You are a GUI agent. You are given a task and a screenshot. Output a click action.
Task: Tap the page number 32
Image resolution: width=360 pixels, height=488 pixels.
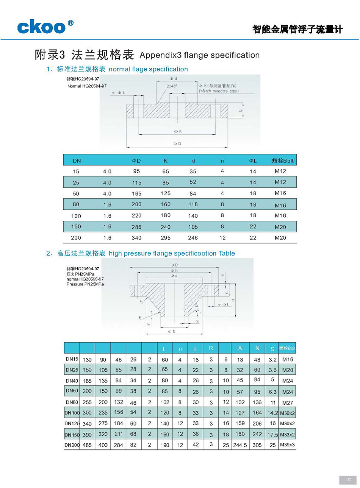click(349, 479)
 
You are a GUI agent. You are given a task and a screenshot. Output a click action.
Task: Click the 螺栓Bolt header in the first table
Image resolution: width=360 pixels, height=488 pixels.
click(283, 161)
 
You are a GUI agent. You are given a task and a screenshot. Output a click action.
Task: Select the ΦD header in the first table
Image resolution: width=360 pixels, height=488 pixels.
click(136, 161)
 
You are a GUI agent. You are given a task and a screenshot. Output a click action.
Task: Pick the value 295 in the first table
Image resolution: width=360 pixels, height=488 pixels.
click(166, 238)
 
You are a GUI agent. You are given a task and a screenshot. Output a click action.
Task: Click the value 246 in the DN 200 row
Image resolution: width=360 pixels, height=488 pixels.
click(193, 238)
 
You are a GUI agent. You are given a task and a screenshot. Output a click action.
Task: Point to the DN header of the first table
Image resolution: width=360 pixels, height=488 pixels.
click(77, 161)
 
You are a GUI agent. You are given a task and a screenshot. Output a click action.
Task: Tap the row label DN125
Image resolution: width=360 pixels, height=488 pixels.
click(72, 423)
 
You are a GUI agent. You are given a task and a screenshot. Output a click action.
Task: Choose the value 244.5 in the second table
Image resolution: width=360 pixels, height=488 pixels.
click(240, 445)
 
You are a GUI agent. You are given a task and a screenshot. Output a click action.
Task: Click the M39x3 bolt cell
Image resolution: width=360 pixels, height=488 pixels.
click(287, 445)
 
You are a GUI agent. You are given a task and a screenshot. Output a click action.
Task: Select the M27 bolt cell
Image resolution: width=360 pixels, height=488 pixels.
click(288, 403)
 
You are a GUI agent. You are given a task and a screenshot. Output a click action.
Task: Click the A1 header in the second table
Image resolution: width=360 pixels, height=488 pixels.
click(241, 348)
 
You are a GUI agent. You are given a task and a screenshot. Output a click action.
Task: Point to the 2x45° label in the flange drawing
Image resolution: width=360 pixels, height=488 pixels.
click(172, 86)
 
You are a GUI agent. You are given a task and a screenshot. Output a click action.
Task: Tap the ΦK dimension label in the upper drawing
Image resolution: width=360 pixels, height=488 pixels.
click(178, 131)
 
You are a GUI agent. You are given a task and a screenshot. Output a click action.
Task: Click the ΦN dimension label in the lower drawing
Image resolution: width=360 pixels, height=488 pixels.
click(172, 332)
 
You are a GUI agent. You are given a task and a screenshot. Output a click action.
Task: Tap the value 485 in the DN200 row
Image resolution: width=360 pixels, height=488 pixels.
click(87, 445)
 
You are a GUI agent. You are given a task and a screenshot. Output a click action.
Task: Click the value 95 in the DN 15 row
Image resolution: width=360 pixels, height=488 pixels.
click(136, 171)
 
